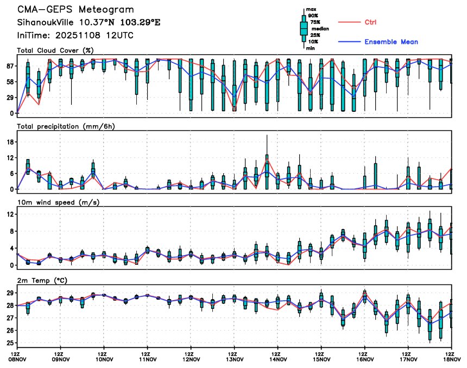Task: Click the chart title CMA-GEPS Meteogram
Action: pyautogui.click(x=75, y=10)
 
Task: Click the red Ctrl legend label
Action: pyautogui.click(x=371, y=22)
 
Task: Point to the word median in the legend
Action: pyautogui.click(x=320, y=29)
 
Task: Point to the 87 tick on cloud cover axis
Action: pyautogui.click(x=10, y=66)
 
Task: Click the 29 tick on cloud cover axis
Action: pyautogui.click(x=10, y=98)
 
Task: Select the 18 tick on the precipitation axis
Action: pyautogui.click(x=10, y=142)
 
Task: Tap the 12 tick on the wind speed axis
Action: pyautogui.click(x=10, y=214)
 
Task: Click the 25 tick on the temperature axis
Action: pyautogui.click(x=10, y=344)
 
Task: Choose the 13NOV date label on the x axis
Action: pyautogui.click(x=234, y=359)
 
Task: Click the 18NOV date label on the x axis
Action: pyautogui.click(x=452, y=359)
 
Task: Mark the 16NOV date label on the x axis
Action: pyautogui.click(x=365, y=359)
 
